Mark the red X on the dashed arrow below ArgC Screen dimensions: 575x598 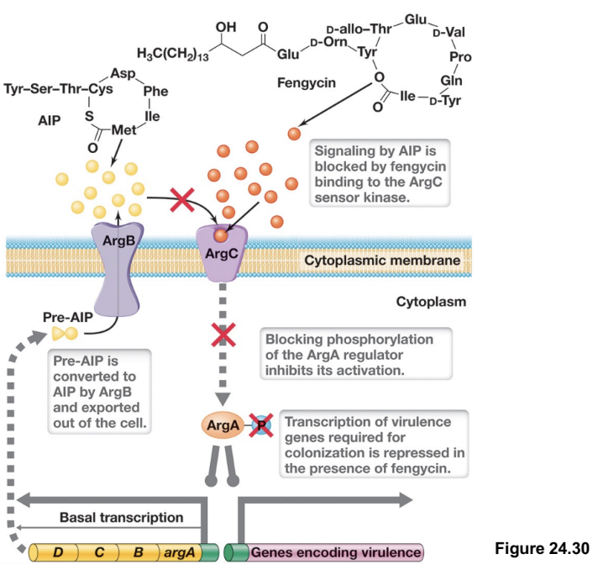click(222, 335)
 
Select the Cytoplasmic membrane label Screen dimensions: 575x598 click(381, 261)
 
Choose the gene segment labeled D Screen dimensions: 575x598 click(59, 553)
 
